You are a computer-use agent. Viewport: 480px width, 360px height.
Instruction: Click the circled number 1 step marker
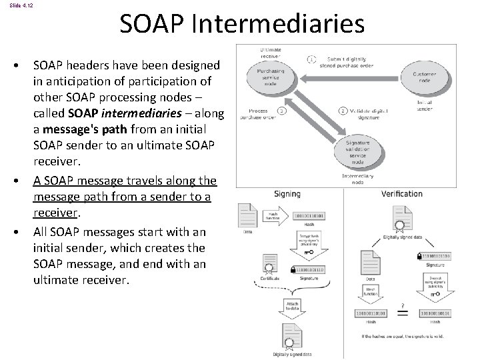tap(311, 59)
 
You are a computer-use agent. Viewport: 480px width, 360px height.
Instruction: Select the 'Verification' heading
tap(401, 194)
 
